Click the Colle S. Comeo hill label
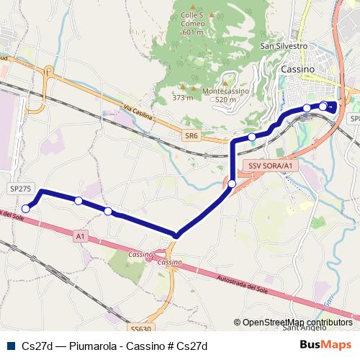pos(192,21)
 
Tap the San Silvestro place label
pos(284,45)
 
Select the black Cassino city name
pos(297,68)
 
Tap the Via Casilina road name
pos(140,115)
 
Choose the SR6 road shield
pos(191,135)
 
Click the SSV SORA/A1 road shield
pos(270,166)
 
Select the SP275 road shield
pos(21,188)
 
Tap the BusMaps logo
pos(324,346)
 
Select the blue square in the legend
pos(9,346)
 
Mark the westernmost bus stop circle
pos(26,209)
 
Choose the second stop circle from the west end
pos(78,201)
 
